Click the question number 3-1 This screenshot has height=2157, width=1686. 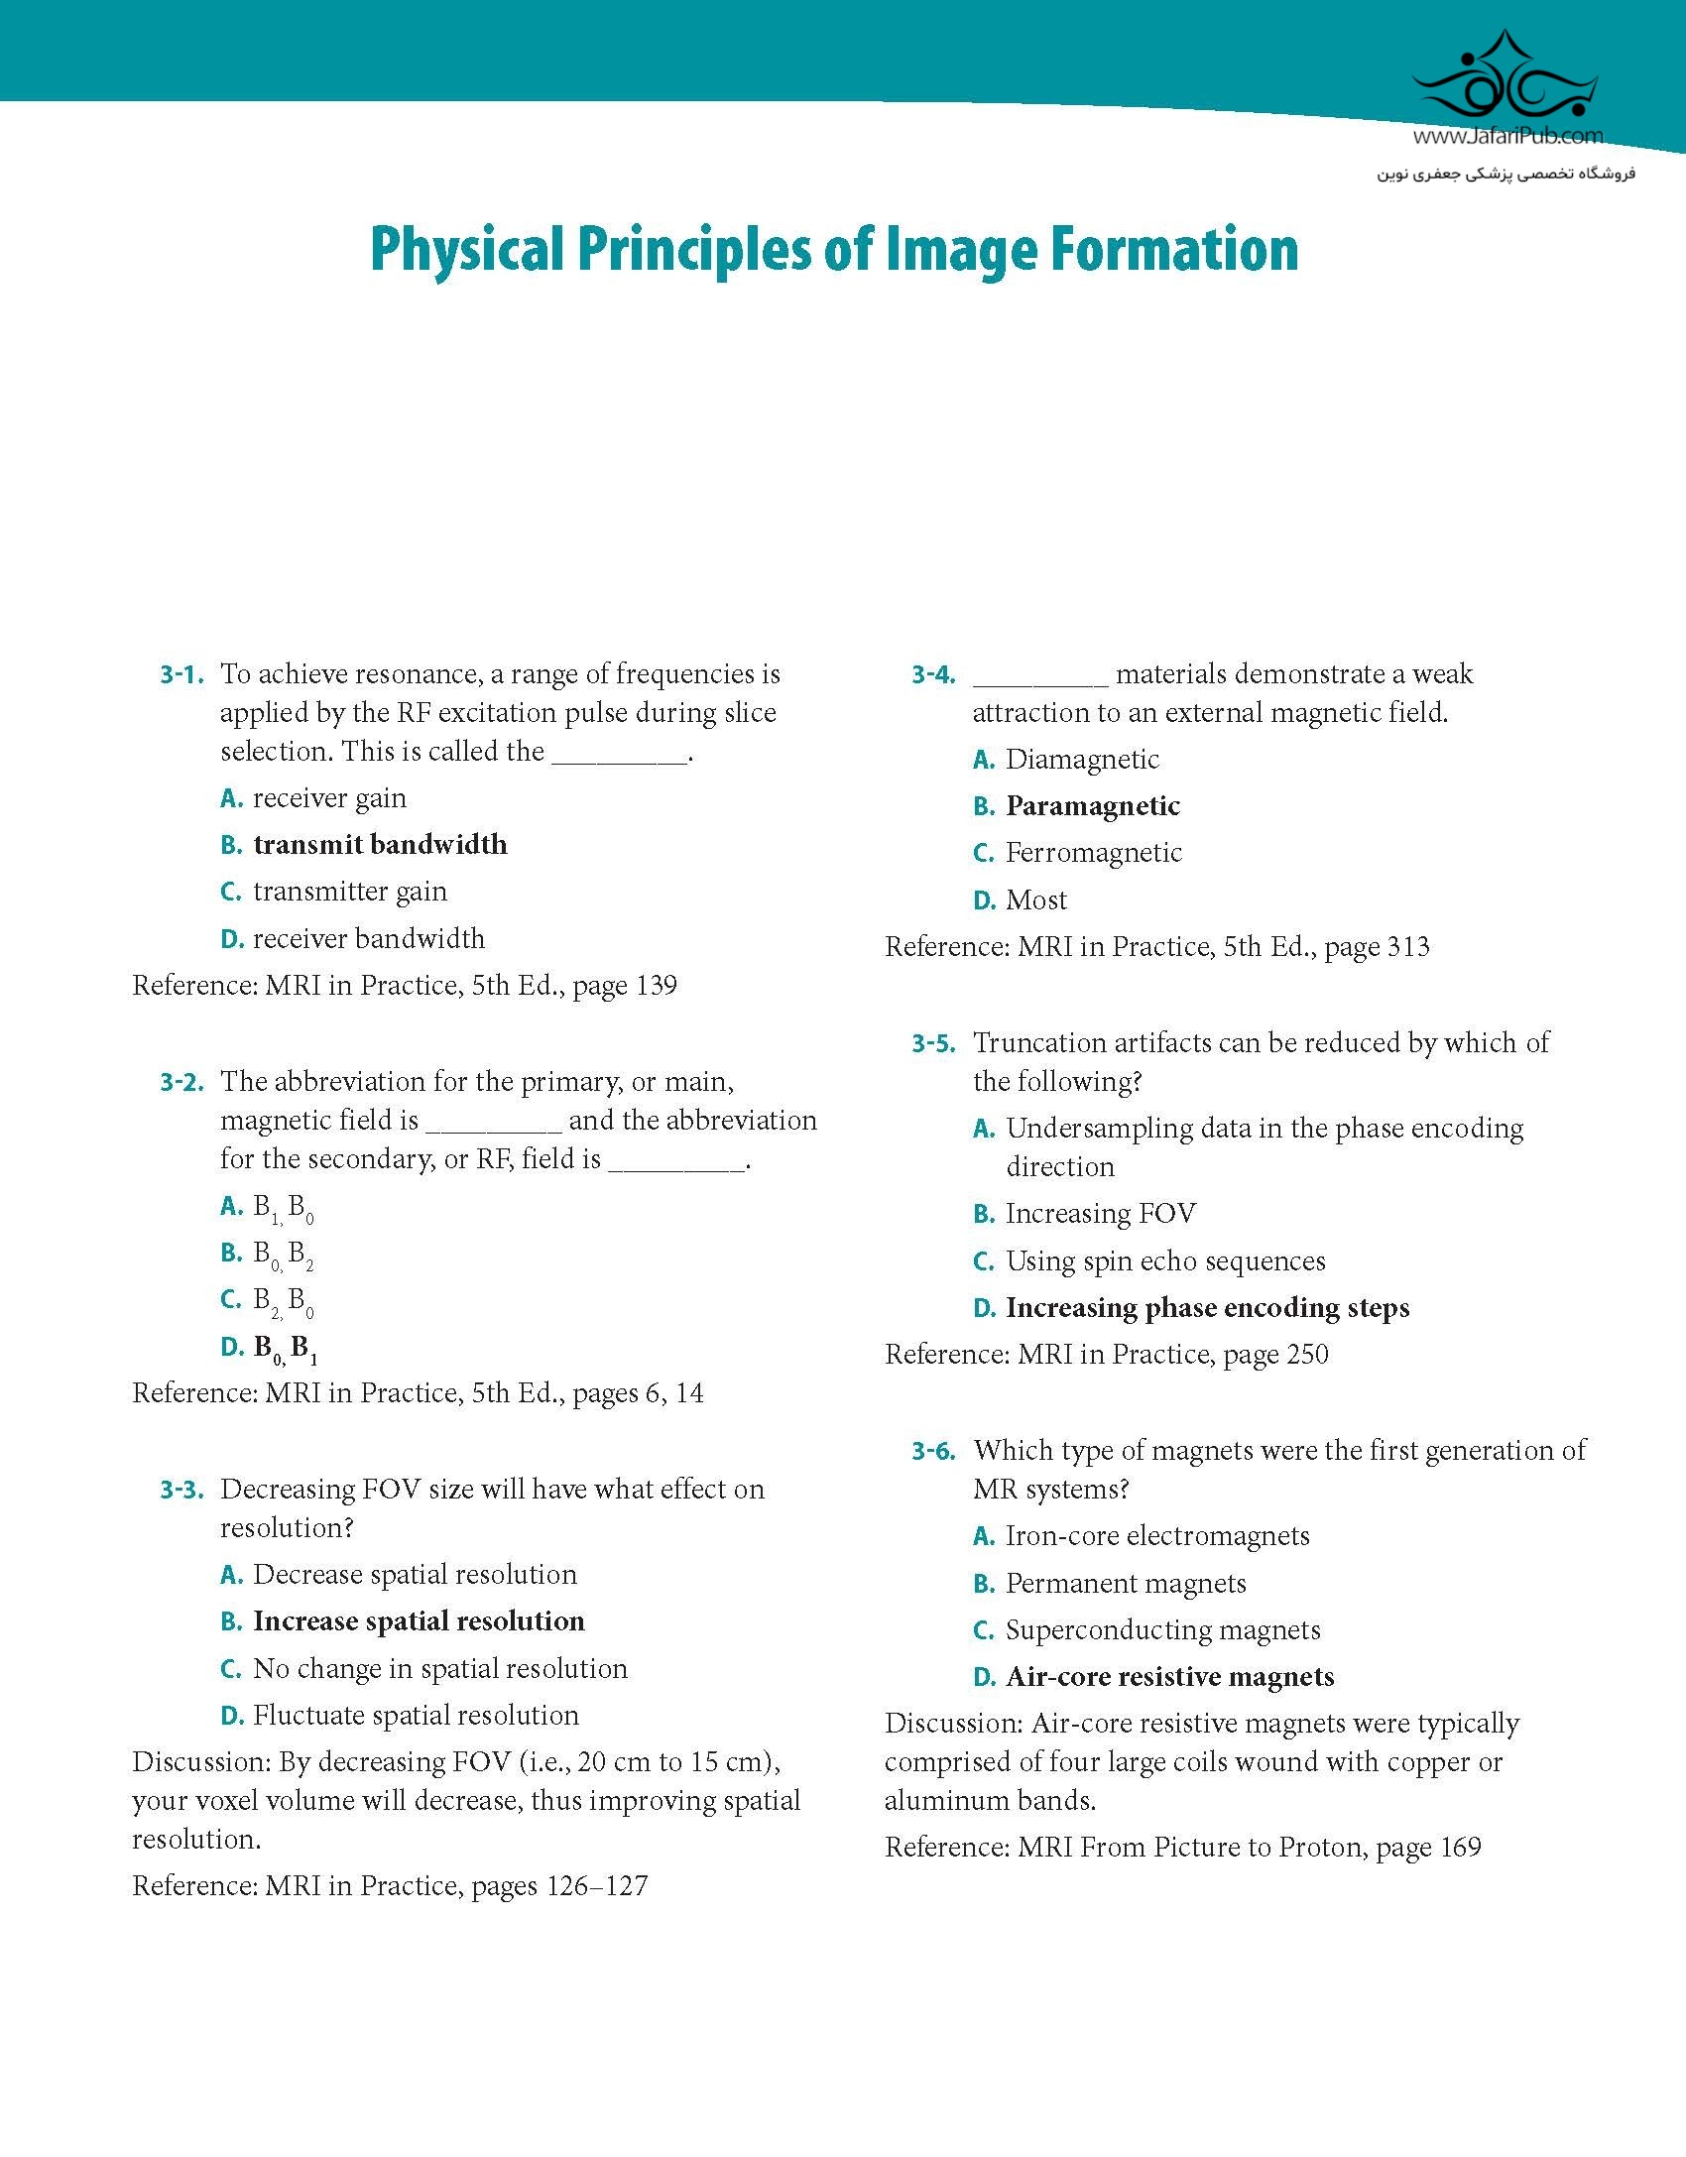pyautogui.click(x=181, y=675)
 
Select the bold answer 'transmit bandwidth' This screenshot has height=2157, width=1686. pyautogui.click(x=380, y=845)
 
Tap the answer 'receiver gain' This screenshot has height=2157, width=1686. pyautogui.click(x=329, y=798)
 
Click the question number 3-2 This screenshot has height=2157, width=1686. pyautogui.click(x=181, y=1082)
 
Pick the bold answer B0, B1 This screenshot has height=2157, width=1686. pyautogui.click(x=286, y=1349)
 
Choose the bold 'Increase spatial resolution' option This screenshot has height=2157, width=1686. pyautogui.click(x=419, y=1621)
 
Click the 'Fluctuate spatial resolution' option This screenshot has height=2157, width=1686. pyautogui.click(x=416, y=1715)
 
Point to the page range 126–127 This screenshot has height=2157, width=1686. pyautogui.click(x=597, y=1885)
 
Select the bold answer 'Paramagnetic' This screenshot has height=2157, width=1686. pyautogui.click(x=1093, y=806)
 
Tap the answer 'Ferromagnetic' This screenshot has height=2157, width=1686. pyautogui.click(x=1094, y=853)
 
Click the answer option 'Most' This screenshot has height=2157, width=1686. pyautogui.click(x=1036, y=900)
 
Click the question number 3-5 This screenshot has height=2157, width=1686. pyautogui.click(x=933, y=1043)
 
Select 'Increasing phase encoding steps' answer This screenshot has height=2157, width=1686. pyautogui.click(x=1207, y=1308)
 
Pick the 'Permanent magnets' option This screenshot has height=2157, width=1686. pyautogui.click(x=1126, y=1584)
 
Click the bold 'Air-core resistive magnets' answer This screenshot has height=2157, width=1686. pyautogui.click(x=1170, y=1677)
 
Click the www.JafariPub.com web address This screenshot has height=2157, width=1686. pyautogui.click(x=1507, y=137)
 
